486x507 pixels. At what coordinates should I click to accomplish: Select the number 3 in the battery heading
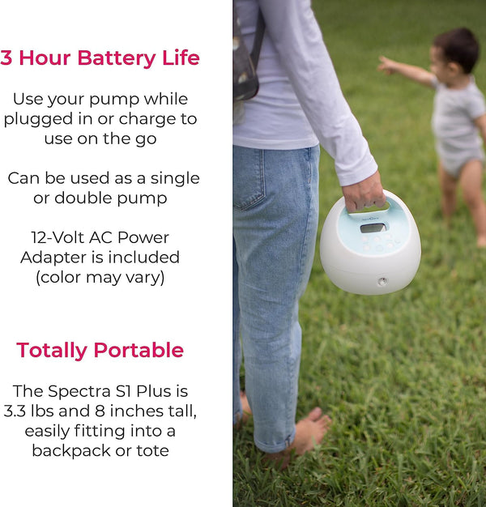pyautogui.click(x=6, y=58)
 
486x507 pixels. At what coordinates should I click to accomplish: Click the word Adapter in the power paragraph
pyautogui.click(x=52, y=258)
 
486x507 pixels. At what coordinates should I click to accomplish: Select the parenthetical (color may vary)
pyautogui.click(x=100, y=277)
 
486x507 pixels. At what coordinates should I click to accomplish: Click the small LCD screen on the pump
pyautogui.click(x=372, y=228)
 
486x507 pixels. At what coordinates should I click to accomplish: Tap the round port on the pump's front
pyautogui.click(x=381, y=282)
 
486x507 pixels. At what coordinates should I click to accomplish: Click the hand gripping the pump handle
pyautogui.click(x=362, y=192)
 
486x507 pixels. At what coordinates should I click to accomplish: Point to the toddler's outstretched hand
pyautogui.click(x=386, y=65)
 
